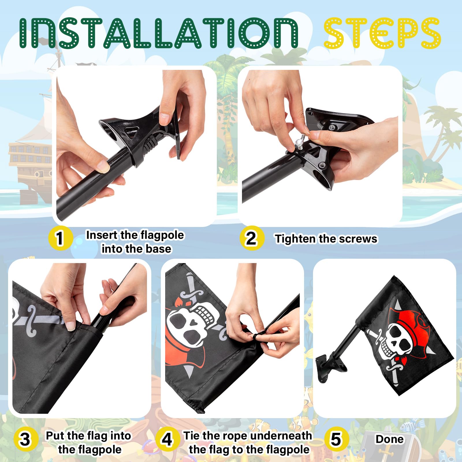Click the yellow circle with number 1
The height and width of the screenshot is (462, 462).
[x=60, y=238]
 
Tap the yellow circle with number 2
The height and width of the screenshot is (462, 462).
[x=252, y=238]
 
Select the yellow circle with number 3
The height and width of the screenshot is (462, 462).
[x=26, y=439]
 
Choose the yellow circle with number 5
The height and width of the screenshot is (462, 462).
[x=336, y=439]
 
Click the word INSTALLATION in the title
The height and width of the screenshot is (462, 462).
[x=159, y=33]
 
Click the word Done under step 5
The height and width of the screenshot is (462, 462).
[x=390, y=439]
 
